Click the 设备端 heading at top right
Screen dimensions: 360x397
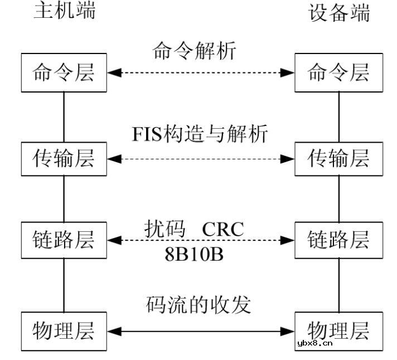pyautogui.click(x=340, y=13)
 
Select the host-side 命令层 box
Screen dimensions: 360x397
pyautogui.click(x=64, y=73)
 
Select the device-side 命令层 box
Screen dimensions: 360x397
pyautogui.click(x=339, y=73)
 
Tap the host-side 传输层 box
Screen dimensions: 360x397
pyautogui.click(x=64, y=159)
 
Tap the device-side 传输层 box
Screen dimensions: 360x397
pyautogui.click(x=339, y=159)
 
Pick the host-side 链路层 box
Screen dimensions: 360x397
pyautogui.click(x=64, y=240)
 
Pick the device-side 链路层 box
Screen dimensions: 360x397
pyautogui.click(x=339, y=240)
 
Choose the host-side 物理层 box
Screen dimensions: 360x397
pyautogui.click(x=64, y=332)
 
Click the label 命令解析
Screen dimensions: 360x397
pyautogui.click(x=195, y=51)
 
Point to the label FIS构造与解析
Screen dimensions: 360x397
pyautogui.click(x=200, y=134)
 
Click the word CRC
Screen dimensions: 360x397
pyautogui.click(x=222, y=229)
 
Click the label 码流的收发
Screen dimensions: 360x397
pyautogui.click(x=199, y=305)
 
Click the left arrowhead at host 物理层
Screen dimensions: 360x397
pyautogui.click(x=114, y=332)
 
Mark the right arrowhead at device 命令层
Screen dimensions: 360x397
pyautogui.click(x=288, y=73)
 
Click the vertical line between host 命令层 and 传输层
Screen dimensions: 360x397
pyautogui.click(x=64, y=117)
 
